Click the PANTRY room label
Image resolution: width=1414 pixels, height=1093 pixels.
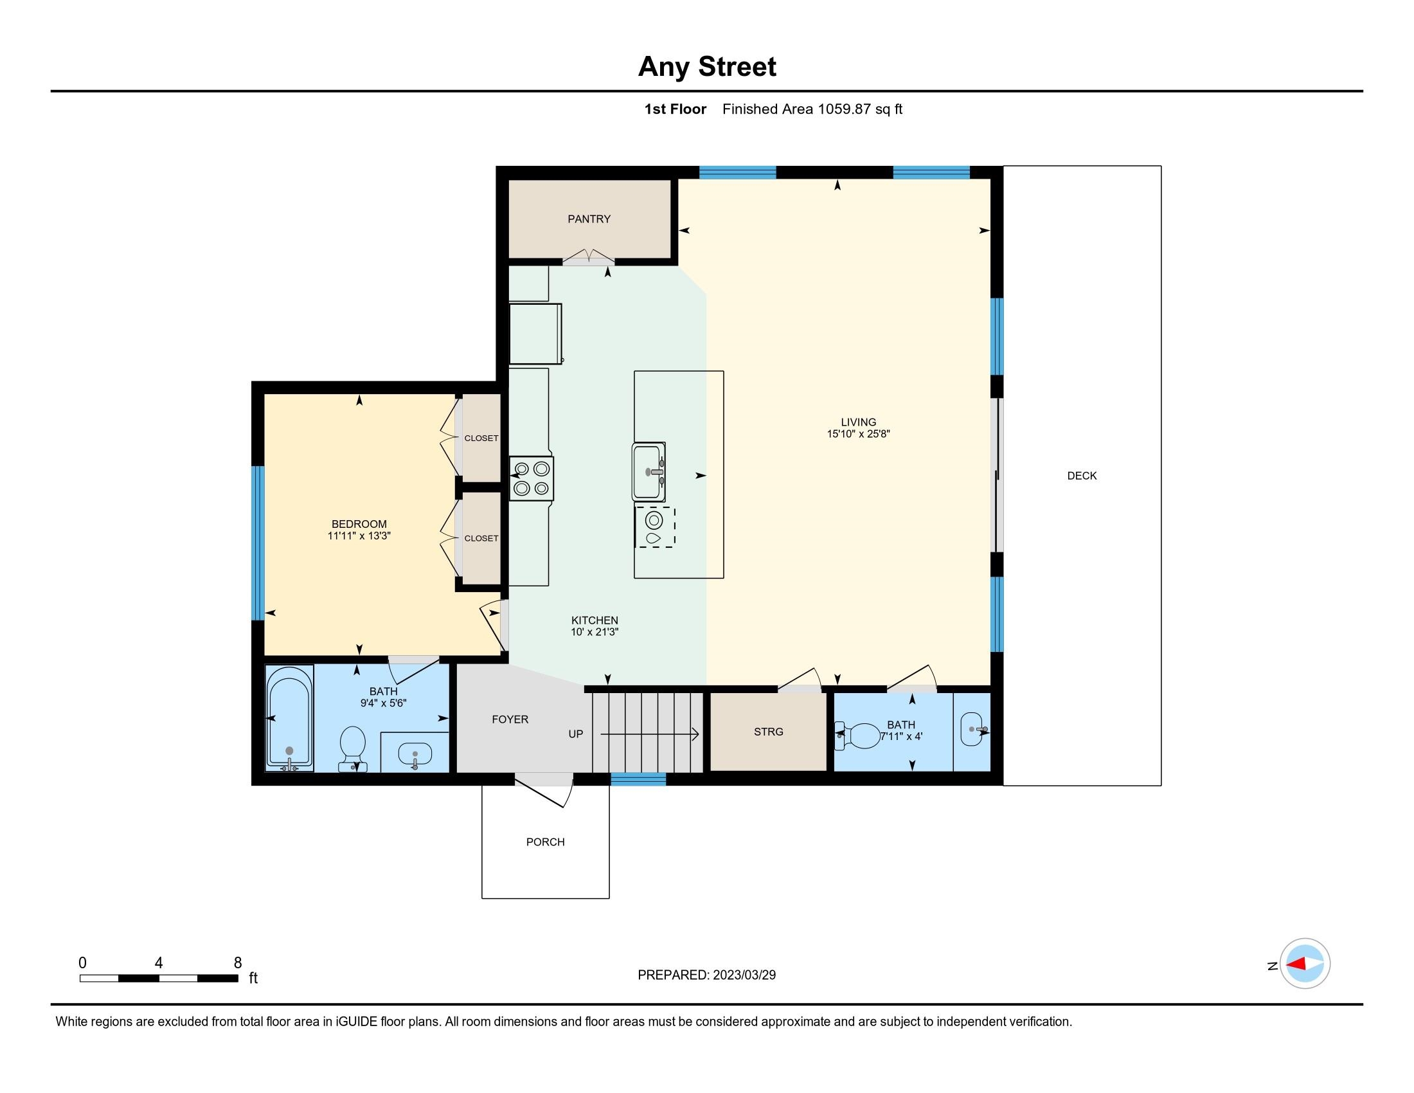point(589,219)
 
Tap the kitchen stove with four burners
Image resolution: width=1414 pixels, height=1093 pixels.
point(531,478)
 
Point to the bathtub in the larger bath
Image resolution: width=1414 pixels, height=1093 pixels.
point(289,719)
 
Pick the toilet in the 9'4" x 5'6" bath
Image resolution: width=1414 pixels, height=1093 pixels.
point(353,749)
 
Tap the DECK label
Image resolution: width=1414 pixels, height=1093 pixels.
point(1082,476)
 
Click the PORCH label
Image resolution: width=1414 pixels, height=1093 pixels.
point(545,842)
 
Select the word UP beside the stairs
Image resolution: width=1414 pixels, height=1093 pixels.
point(576,734)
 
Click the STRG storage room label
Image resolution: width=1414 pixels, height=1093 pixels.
point(769,732)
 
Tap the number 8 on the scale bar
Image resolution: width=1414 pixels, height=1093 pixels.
point(238,963)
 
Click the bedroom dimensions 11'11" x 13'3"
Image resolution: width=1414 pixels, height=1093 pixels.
point(359,536)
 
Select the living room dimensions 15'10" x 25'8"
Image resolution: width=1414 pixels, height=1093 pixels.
point(859,434)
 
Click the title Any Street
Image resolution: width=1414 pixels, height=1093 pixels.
point(707,67)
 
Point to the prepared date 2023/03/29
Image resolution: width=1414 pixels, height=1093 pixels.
point(744,975)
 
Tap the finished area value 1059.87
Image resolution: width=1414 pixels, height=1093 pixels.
point(845,109)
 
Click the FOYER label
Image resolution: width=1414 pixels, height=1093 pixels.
point(510,719)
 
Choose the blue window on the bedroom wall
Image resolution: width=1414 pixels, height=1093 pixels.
point(258,543)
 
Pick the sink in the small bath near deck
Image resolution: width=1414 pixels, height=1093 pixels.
point(972,730)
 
